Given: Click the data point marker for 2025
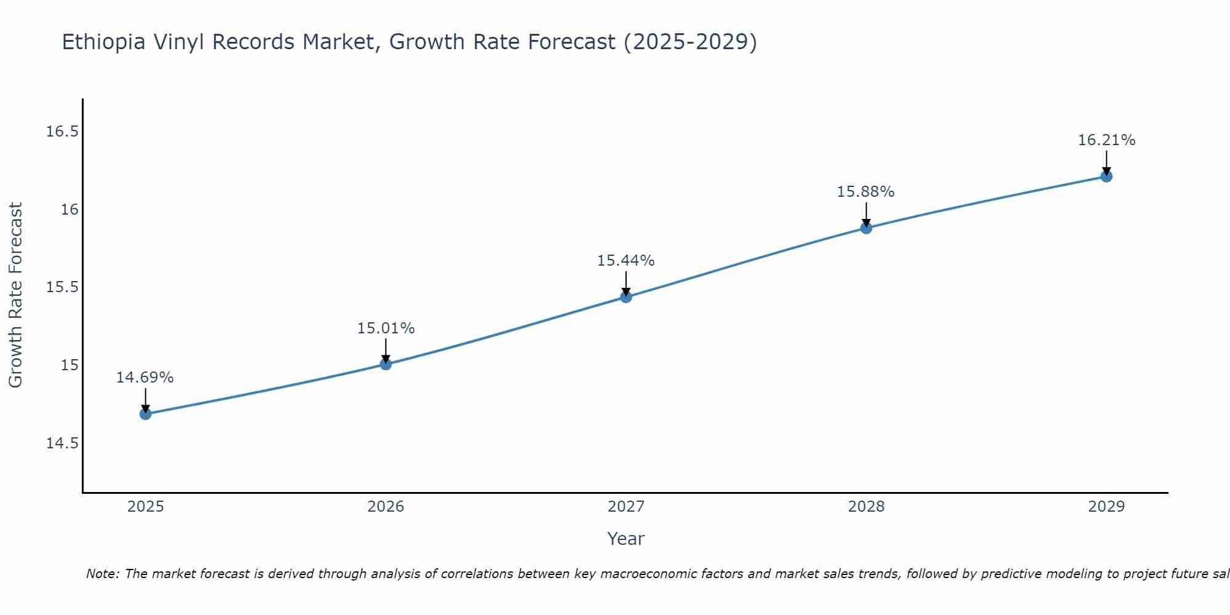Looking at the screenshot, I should point(146,414).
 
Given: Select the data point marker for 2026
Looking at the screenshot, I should point(386,364).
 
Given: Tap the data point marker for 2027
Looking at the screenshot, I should point(626,297).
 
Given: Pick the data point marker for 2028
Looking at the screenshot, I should point(866,228).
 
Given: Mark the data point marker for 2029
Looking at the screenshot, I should point(1106,177).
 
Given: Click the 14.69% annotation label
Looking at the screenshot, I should point(145,378).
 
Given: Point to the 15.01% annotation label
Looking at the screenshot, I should point(386,328).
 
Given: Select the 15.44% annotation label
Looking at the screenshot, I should point(626,261).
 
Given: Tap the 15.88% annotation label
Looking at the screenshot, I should point(865,192).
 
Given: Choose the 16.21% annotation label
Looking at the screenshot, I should point(1106,140).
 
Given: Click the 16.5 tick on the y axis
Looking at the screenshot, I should point(63,132).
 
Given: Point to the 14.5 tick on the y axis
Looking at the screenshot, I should point(63,443).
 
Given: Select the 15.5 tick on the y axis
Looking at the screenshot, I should point(63,288).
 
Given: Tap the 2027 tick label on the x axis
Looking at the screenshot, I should point(626,507).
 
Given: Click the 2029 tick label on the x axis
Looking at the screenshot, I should point(1106,507).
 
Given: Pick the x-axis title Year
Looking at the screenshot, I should point(625,539).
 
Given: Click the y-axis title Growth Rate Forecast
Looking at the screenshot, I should point(15,295).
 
